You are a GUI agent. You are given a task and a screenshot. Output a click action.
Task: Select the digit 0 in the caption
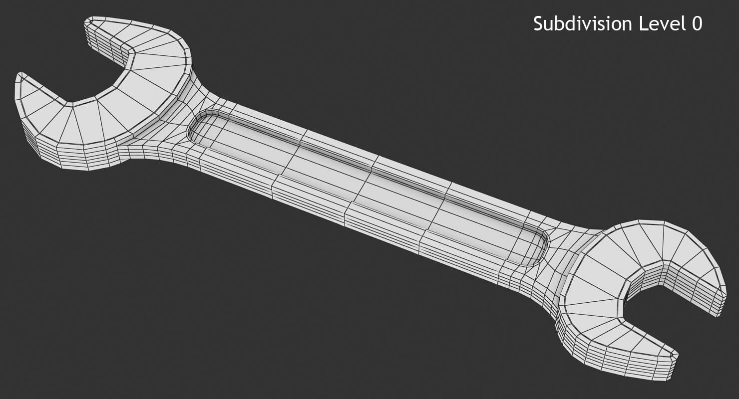click(x=697, y=24)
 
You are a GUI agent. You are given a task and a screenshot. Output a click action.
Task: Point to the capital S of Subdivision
click(x=538, y=24)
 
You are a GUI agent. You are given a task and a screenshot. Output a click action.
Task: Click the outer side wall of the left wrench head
click(x=75, y=157)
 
